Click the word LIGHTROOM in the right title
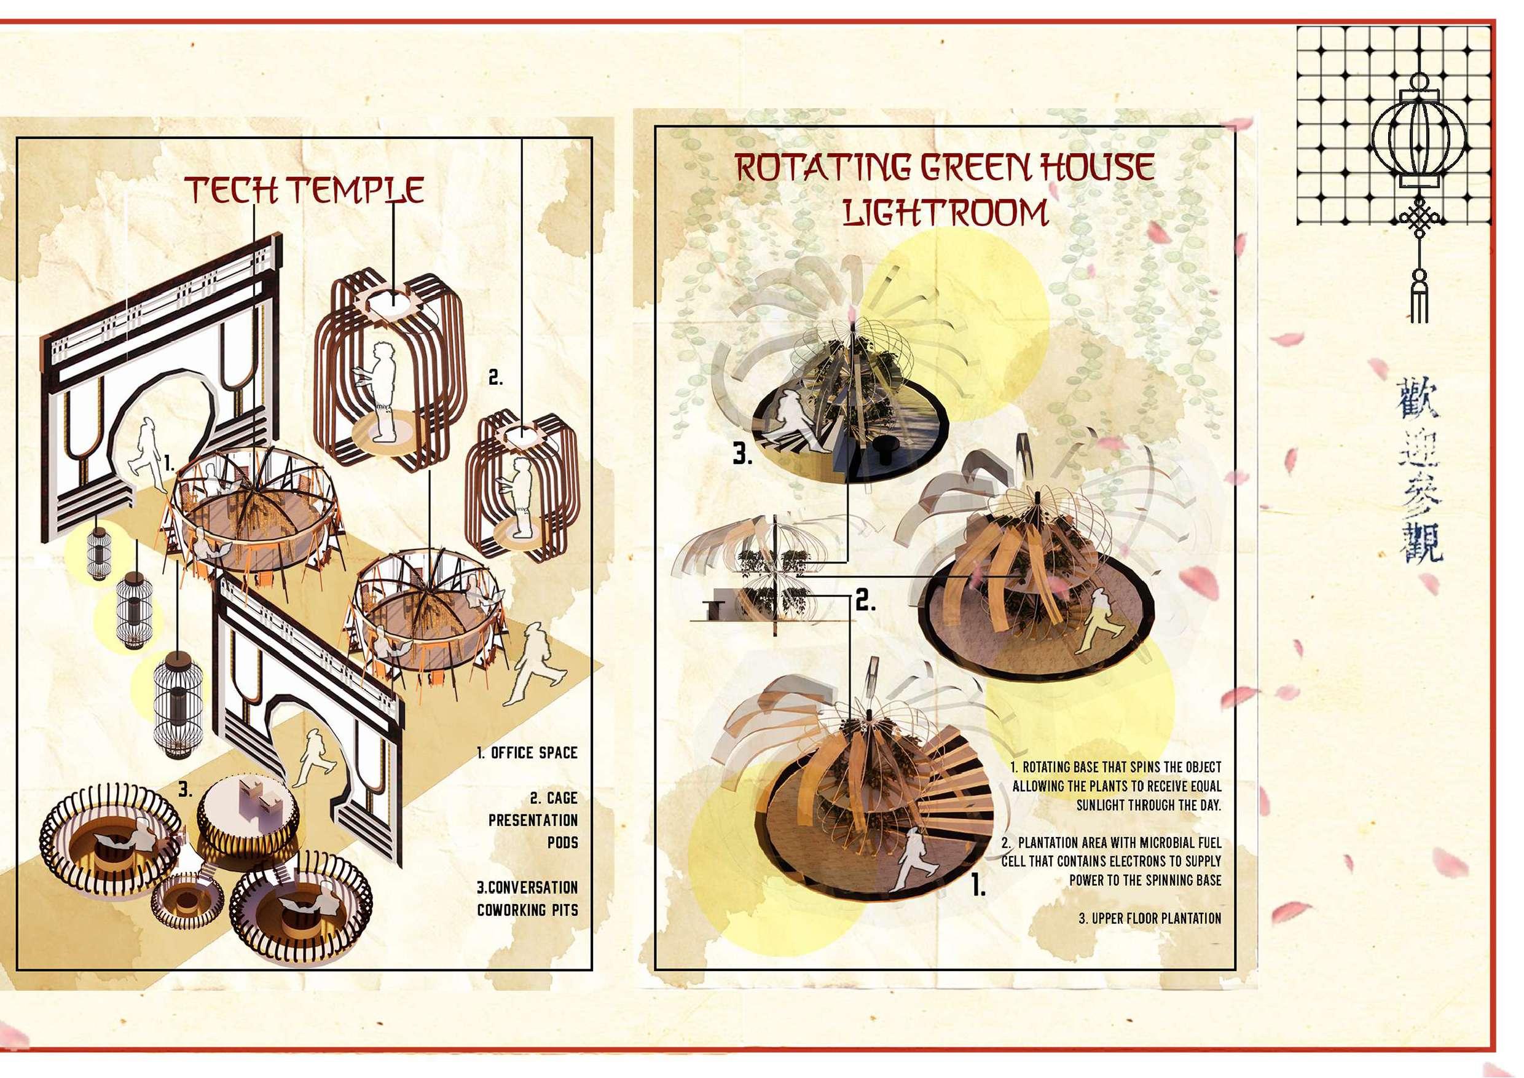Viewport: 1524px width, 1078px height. pyautogui.click(x=945, y=212)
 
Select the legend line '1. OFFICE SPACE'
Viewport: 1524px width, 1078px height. pyautogui.click(x=527, y=753)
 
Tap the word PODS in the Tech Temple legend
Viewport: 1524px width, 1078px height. pyautogui.click(x=563, y=843)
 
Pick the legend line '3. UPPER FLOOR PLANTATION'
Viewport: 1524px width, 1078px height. pyautogui.click(x=1149, y=919)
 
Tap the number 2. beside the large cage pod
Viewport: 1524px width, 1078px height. pyautogui.click(x=495, y=379)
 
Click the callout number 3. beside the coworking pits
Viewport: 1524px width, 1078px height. pyautogui.click(x=186, y=790)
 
